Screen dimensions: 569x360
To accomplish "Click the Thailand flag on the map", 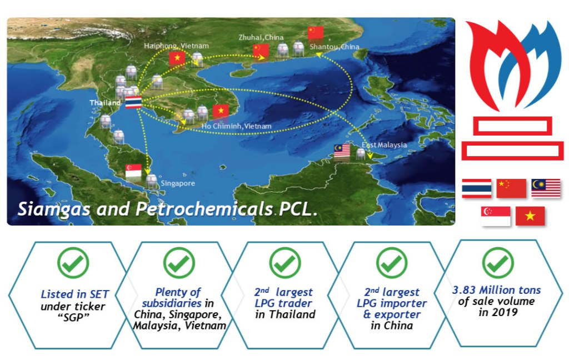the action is (133, 102).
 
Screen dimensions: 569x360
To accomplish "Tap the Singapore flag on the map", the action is (133, 171).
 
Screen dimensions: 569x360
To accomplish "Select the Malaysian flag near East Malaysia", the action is (342, 152).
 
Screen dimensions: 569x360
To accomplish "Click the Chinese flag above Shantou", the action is (316, 33).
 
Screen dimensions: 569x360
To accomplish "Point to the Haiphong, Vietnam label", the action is (176, 46).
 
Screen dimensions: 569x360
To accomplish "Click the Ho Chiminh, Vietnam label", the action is (237, 126).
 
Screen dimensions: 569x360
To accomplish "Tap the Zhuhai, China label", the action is (261, 37).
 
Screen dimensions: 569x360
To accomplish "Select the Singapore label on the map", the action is (178, 183).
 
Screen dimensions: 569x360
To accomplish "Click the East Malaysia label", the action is (385, 145).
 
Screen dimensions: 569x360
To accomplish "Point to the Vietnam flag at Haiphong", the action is (177, 58).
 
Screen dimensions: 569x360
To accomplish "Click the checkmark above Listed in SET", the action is (73, 263).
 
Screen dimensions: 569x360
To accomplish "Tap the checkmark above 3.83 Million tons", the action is (498, 263).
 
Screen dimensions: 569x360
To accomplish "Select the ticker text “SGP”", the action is (73, 318).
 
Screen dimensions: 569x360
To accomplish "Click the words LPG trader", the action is (283, 303).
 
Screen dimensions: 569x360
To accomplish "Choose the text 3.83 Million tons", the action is (496, 290).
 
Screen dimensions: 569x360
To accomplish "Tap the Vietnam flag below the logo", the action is (530, 216).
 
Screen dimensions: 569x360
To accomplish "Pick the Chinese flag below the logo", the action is (511, 188).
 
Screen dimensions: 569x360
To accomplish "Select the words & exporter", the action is (392, 314).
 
